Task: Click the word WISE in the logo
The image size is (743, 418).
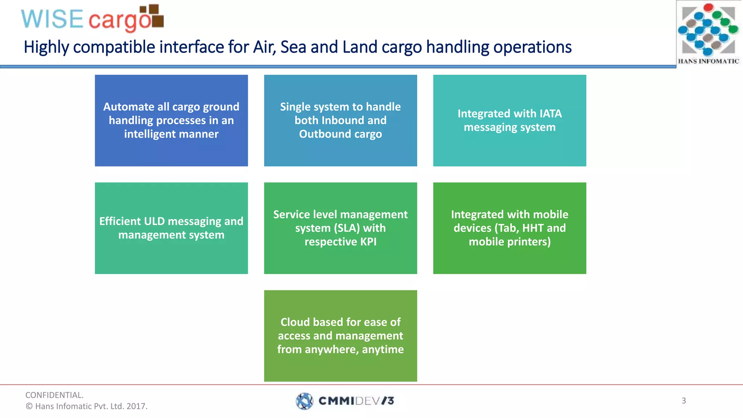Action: (x=52, y=19)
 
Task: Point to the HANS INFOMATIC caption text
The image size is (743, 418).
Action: (x=708, y=61)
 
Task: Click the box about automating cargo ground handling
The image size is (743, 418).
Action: (x=171, y=120)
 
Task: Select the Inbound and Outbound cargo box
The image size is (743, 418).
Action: (x=340, y=120)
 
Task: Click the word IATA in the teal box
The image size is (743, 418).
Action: (x=551, y=114)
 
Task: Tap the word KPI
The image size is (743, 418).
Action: (x=368, y=242)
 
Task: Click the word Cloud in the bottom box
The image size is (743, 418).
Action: (x=295, y=322)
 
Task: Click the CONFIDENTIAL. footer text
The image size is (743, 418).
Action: (x=54, y=395)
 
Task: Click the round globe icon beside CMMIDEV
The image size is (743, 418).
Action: (x=304, y=401)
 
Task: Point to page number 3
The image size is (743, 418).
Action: (x=684, y=401)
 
